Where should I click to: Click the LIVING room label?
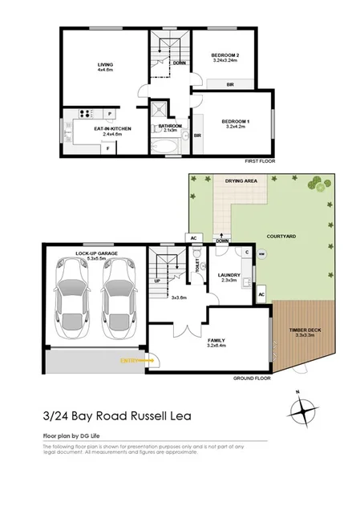(105, 66)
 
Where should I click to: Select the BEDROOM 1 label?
(236, 121)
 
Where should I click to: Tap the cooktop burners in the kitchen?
(87, 113)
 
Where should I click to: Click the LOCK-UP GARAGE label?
(91, 253)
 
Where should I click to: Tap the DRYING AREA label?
(241, 182)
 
